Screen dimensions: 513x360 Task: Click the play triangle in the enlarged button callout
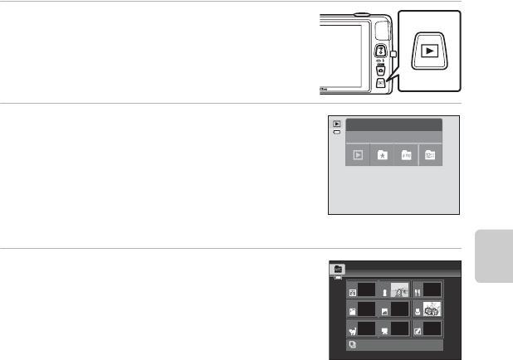pos(430,51)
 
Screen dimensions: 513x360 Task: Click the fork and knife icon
pos(418,291)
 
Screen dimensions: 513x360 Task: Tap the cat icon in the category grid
pos(352,332)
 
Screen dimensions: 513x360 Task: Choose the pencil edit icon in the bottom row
pos(418,332)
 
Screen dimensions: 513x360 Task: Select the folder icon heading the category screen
pos(339,268)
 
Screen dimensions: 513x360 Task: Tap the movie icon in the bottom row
pos(384,332)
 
